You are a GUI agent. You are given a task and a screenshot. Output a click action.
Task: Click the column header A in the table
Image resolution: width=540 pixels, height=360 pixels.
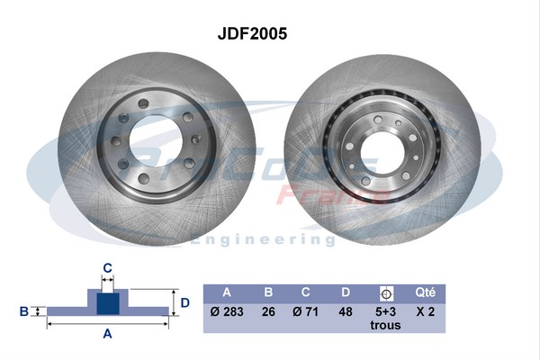click(227, 292)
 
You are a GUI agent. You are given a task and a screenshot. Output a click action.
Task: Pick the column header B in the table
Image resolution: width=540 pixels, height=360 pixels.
click(268, 292)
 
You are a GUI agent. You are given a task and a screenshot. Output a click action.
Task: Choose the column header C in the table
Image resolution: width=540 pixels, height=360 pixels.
click(307, 292)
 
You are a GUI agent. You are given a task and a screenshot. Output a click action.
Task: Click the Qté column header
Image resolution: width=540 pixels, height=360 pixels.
click(426, 292)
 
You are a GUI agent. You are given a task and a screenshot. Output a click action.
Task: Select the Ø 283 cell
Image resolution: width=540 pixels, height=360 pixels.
click(227, 312)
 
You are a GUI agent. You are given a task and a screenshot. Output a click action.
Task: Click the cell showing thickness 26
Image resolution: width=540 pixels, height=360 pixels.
click(268, 312)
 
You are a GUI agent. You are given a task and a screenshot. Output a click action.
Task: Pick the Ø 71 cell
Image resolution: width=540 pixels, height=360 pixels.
click(307, 312)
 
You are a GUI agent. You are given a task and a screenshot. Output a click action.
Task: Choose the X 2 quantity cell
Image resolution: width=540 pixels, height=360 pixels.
click(426, 312)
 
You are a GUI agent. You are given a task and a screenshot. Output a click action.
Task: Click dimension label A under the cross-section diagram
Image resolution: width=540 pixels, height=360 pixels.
click(107, 334)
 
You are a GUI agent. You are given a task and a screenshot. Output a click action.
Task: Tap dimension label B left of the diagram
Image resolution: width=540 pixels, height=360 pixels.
click(24, 311)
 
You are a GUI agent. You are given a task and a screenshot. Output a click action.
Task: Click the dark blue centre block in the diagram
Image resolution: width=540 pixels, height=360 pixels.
click(107, 303)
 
